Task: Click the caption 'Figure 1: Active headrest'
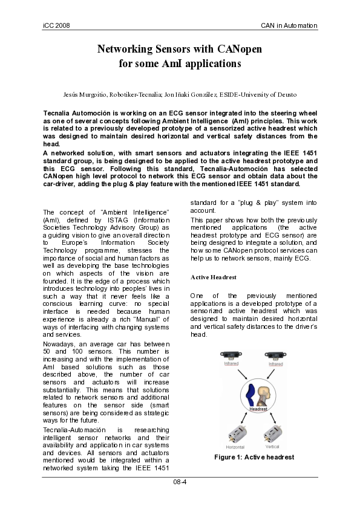click(254, 458)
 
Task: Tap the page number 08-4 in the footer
click(180, 482)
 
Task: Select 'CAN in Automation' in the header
click(289, 25)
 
